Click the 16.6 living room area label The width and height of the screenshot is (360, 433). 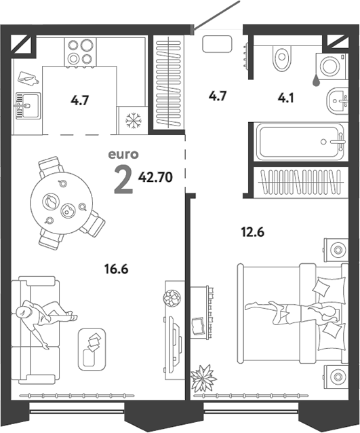[x=117, y=269]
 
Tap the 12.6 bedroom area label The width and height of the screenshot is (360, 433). [x=253, y=232]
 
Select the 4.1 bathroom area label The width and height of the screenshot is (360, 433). [x=286, y=98]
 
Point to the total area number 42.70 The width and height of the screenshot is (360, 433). [x=155, y=177]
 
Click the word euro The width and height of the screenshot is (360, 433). [x=123, y=155]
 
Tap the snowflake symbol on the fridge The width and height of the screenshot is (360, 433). [x=134, y=120]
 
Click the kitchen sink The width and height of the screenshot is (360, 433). [x=28, y=106]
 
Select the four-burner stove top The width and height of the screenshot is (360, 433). [x=80, y=52]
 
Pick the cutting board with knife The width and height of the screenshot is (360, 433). [x=28, y=79]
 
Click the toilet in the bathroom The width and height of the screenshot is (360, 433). [x=281, y=57]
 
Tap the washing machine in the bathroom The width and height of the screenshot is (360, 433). [x=330, y=67]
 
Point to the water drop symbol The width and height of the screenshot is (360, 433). [x=316, y=80]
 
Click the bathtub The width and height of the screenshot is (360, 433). [x=300, y=142]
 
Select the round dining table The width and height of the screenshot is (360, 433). [x=62, y=203]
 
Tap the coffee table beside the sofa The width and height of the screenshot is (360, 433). [x=92, y=350]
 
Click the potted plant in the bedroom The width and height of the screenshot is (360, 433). [x=203, y=378]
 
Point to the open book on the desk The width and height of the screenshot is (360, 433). [x=199, y=326]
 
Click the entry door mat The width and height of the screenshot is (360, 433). [x=217, y=44]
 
